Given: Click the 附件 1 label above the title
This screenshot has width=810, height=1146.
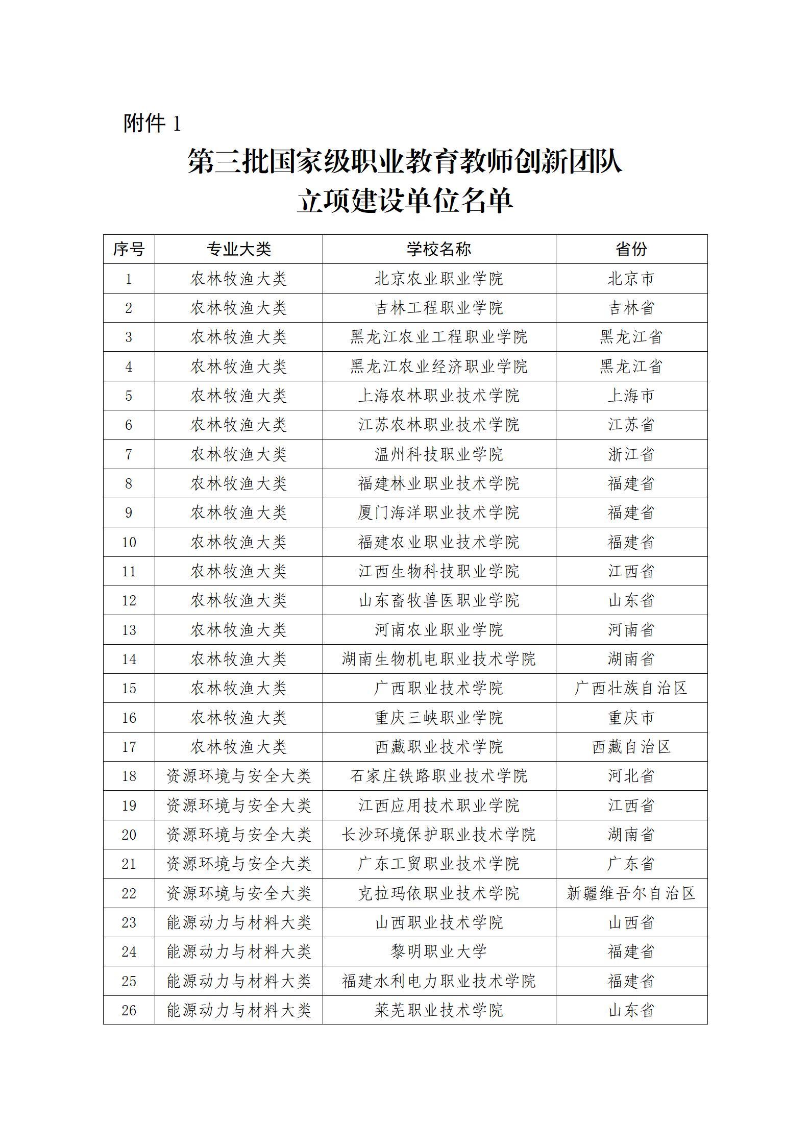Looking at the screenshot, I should [152, 124].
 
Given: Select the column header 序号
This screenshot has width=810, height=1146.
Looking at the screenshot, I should [129, 249].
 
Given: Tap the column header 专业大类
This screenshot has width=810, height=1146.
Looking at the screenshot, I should [238, 249].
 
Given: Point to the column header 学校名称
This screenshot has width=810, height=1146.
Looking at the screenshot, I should [439, 249].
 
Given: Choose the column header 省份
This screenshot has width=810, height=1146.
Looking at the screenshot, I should [631, 249].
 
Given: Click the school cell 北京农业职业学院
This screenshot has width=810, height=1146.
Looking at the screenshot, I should [439, 279].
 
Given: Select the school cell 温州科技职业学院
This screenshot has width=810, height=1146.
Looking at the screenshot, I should [439, 454].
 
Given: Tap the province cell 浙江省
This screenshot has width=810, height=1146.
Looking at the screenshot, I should [631, 454].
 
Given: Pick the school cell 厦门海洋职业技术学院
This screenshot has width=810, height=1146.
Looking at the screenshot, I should [439, 513].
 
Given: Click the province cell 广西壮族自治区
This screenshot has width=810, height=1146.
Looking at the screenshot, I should [631, 688].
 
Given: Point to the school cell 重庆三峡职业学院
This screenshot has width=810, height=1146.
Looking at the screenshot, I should [439, 718].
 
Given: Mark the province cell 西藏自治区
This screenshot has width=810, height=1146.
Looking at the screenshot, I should [631, 747].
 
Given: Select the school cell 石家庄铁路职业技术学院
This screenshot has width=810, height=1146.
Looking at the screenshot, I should [439, 776].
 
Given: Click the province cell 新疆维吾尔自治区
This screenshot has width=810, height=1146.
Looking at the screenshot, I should [631, 893].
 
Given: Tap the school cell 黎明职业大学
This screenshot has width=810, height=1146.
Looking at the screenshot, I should [439, 952].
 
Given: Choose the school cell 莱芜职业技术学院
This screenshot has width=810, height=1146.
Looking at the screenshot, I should [439, 1010].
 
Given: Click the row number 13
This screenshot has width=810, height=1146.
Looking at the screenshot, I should [129, 630].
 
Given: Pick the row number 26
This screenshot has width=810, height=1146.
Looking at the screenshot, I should [129, 1010].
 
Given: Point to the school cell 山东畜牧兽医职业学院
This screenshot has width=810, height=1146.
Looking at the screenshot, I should [439, 600].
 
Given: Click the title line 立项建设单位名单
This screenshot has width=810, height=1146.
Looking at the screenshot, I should [405, 201].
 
